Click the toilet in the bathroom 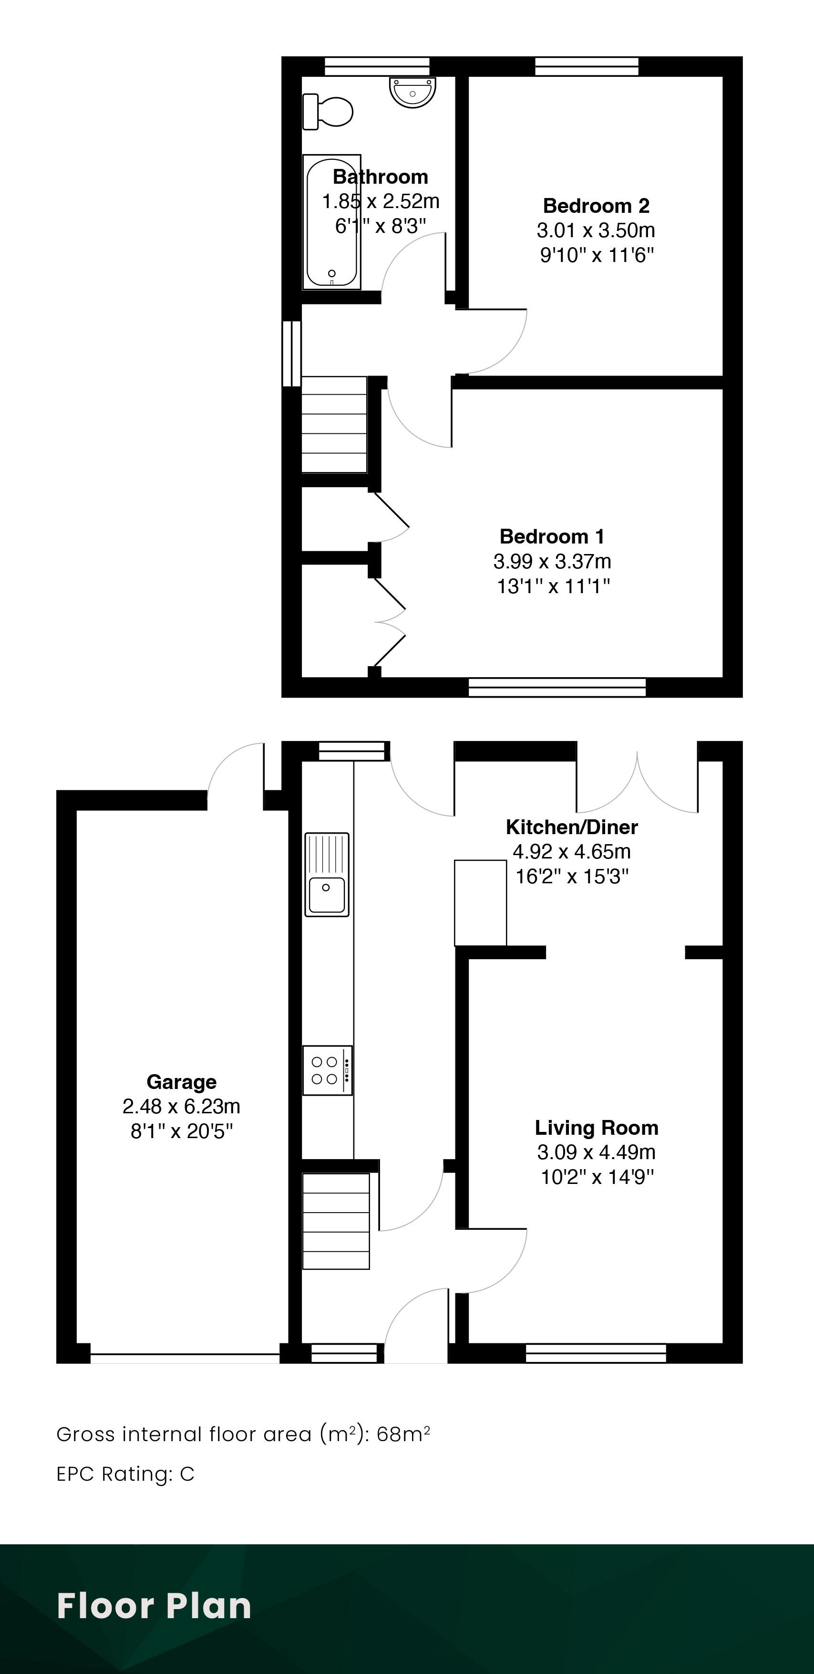tap(328, 111)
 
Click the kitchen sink tap(327, 875)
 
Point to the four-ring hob tap(328, 1070)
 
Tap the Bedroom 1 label tap(552, 537)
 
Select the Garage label tap(181, 1082)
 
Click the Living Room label tap(597, 1128)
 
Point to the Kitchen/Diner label tap(572, 827)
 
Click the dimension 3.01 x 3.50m tap(596, 230)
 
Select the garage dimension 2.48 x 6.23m tap(181, 1106)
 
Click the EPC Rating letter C tap(187, 1474)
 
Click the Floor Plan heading tap(154, 1605)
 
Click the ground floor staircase tap(336, 1220)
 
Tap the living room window tap(596, 1354)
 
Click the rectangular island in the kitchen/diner tap(480, 903)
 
